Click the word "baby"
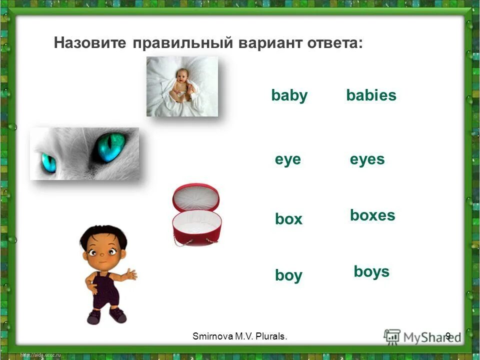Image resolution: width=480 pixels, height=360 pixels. point(289,95)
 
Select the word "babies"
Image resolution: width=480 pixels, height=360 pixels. point(371,95)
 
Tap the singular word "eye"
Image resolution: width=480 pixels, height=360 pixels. point(287,159)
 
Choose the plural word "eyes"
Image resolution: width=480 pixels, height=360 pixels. point(367,159)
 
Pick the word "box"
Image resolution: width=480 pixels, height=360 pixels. point(288,219)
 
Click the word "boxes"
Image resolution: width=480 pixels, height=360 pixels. point(372,215)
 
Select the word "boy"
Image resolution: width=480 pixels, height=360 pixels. point(288,275)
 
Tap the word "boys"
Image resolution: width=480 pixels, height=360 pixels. point(371,271)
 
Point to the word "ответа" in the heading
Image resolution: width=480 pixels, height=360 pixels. point(329,43)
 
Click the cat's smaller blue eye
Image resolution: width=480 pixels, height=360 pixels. point(49,161)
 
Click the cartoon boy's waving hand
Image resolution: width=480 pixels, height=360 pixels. point(131,274)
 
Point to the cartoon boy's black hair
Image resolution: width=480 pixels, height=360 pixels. point(102,235)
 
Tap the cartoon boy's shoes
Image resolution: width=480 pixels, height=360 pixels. point(106,315)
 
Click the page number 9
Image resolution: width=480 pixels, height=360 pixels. point(447,336)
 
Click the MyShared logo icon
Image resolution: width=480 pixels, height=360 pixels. point(393,336)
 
